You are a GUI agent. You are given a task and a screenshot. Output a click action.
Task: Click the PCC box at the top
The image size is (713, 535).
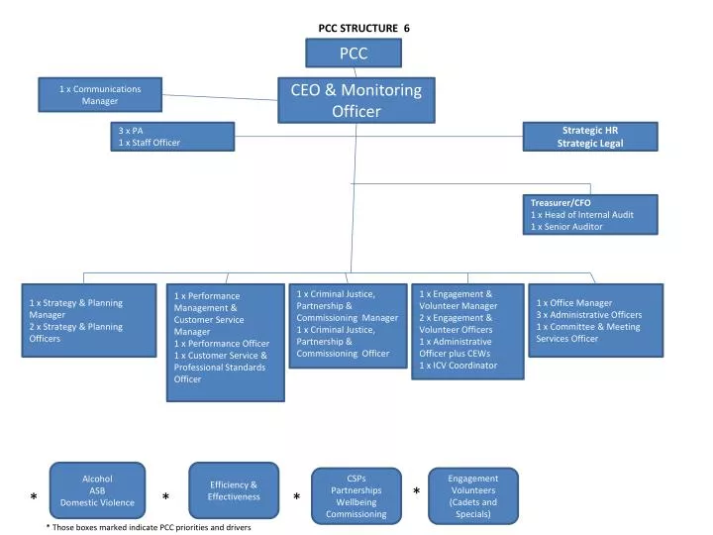354,53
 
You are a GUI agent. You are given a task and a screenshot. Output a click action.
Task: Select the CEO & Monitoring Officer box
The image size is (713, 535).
356,100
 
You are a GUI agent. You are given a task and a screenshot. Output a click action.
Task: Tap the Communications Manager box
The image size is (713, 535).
99,95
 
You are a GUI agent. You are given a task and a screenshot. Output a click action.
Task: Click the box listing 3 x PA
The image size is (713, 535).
173,137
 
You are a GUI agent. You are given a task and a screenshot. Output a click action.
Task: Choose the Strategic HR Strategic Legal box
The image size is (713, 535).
590,137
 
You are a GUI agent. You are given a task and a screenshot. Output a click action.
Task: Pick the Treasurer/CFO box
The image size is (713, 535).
591,214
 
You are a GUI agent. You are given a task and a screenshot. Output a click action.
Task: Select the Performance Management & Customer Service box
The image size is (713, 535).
226,343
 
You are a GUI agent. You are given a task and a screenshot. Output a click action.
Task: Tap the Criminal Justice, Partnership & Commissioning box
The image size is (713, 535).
348,325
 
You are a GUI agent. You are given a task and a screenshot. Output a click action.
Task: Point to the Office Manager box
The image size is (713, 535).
594,320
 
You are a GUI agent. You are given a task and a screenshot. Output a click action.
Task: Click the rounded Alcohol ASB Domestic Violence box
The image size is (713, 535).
97,490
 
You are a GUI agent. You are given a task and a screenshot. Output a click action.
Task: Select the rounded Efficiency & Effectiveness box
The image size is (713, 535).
233,490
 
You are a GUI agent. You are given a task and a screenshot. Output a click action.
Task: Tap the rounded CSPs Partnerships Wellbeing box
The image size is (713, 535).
356,495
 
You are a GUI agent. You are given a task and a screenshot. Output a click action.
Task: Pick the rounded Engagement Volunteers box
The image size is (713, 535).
472,495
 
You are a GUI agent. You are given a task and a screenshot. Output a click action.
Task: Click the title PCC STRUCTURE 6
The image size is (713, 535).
363,29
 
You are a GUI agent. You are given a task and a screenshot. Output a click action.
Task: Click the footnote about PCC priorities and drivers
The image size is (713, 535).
149,527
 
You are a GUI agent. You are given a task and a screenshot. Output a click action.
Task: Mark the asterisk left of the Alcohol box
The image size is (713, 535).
34,496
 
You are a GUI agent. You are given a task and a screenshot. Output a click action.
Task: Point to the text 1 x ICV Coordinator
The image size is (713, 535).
458,366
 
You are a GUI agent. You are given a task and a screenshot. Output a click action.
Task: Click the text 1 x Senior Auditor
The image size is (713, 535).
567,227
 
